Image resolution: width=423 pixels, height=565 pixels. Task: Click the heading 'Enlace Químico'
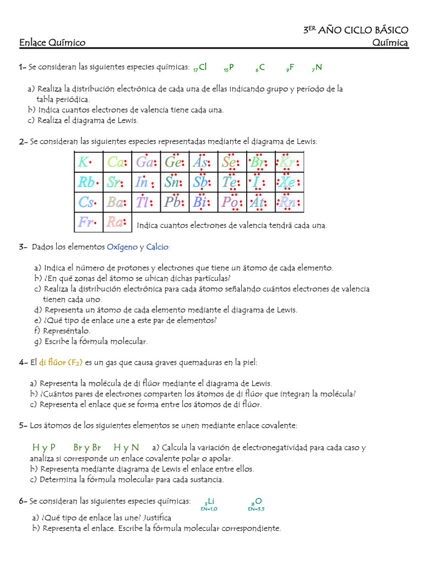(52, 42)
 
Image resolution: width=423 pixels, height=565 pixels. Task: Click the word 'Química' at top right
(390, 42)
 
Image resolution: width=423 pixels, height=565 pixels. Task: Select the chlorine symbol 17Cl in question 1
(200, 67)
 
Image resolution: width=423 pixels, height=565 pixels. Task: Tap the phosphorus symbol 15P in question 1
(229, 68)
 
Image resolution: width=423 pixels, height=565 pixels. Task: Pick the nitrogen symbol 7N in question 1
(317, 68)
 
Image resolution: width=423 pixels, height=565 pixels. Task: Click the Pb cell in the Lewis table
(175, 202)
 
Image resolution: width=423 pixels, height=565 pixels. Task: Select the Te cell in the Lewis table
(231, 182)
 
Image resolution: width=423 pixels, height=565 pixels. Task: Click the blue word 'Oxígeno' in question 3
(122, 247)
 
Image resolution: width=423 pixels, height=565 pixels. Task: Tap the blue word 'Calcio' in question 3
(158, 247)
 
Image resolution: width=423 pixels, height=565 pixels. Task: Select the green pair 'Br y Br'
(87, 447)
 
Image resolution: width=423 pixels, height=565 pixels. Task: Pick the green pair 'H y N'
(126, 447)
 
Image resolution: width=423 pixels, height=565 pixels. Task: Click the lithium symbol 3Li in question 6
(209, 501)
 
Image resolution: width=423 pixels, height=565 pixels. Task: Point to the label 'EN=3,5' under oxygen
(256, 509)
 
